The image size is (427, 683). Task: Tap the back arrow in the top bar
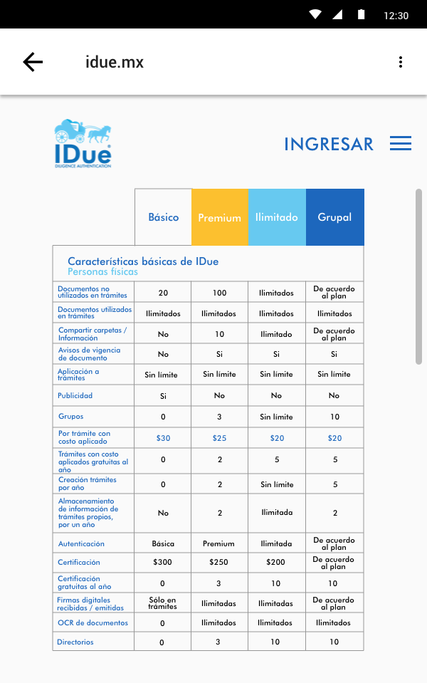coord(33,62)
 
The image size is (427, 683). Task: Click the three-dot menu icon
coord(401,62)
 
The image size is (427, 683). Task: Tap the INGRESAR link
coord(328,144)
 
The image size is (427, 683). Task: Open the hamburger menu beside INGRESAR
coord(401,144)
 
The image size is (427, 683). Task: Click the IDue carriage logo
coord(83,143)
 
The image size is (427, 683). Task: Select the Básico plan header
coord(163,217)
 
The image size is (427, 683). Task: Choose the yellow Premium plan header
coord(219,217)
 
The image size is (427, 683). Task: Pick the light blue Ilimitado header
coord(277,217)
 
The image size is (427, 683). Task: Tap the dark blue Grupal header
coord(334,217)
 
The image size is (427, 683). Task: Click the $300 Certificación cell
coord(162,562)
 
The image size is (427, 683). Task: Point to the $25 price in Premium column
coord(219,438)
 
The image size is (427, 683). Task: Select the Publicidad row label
coord(75,395)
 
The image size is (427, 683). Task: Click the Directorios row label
coord(75,642)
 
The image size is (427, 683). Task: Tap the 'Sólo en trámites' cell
coord(162,603)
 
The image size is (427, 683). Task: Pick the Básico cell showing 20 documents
coord(163,293)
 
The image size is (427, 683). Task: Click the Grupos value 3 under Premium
coord(219,417)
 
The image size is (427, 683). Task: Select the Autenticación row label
coord(80,543)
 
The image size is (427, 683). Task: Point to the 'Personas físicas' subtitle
coord(102,271)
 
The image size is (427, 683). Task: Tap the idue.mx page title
coord(115,62)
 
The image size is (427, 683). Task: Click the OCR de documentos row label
coord(93,622)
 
